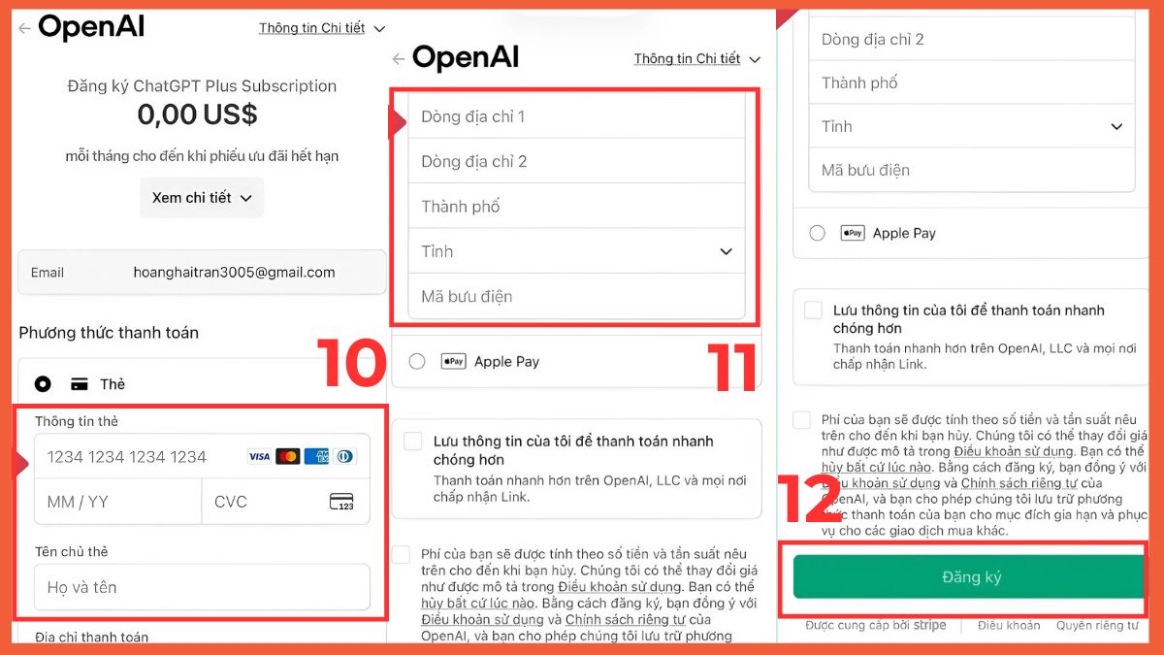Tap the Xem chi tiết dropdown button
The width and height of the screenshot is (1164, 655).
[x=202, y=198]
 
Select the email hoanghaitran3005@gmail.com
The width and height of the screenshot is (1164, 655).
[x=234, y=273]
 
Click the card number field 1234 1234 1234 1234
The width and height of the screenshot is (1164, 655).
[x=127, y=457]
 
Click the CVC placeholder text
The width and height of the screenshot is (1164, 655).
[x=231, y=502]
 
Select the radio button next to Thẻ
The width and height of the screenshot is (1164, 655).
[x=43, y=384]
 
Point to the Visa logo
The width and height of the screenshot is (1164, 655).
[x=259, y=457]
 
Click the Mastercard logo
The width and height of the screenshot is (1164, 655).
[x=287, y=457]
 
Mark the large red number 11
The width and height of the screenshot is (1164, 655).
[x=731, y=367]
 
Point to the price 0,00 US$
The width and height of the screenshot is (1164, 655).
[x=197, y=115]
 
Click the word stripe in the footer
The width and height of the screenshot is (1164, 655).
[x=929, y=626]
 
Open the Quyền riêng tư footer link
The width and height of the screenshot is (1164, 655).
[x=1097, y=626]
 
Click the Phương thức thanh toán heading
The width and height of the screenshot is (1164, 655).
[x=109, y=333]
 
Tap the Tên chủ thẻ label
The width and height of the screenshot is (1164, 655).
[x=71, y=552]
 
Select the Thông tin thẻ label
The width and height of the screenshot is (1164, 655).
[x=77, y=422]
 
